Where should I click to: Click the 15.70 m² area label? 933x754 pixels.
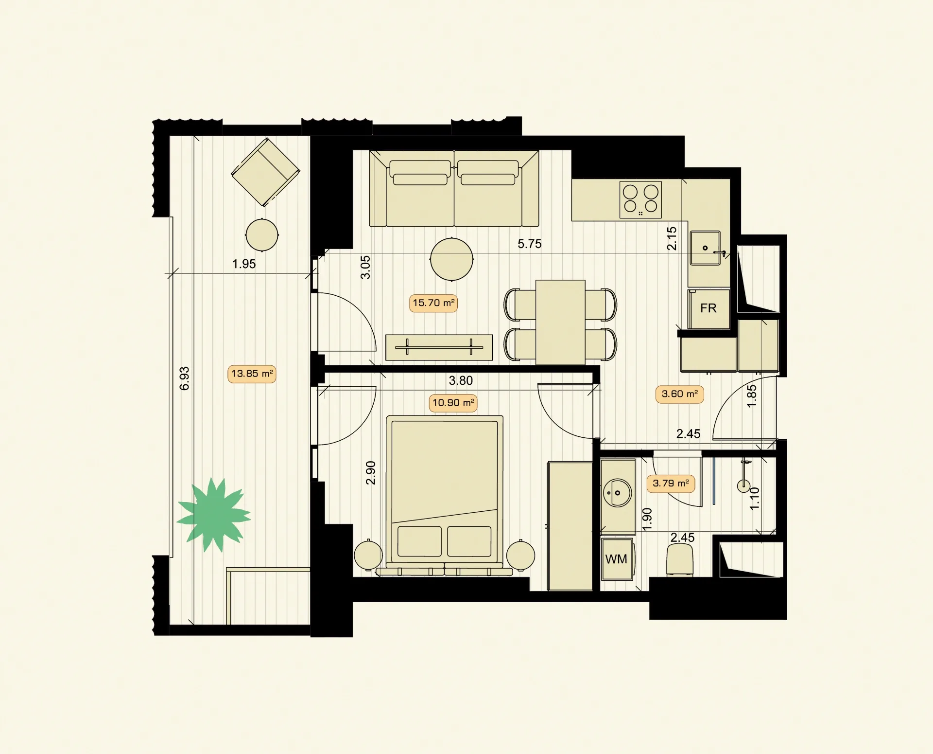433,303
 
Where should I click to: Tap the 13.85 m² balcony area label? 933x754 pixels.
252,374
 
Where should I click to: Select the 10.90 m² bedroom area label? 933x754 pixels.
453,403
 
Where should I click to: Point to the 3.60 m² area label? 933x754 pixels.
680,394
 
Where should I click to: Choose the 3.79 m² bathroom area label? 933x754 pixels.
671,484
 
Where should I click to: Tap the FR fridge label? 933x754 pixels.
708,308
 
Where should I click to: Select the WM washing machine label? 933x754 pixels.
616,559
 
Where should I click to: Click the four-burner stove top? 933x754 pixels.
640,199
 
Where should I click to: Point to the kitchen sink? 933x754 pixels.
706,248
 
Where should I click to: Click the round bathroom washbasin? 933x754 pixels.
617,493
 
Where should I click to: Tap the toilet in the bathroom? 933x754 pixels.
680,560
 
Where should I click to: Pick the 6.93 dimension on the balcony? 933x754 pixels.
185,378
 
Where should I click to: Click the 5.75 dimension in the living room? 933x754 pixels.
530,244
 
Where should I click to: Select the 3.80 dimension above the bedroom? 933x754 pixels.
461,380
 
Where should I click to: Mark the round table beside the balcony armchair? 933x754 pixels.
262,235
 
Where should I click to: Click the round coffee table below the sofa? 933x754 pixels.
451,259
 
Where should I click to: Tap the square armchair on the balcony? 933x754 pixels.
265,172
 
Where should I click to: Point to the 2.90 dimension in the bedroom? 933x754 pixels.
371,473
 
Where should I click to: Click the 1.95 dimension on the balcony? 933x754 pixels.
244,264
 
